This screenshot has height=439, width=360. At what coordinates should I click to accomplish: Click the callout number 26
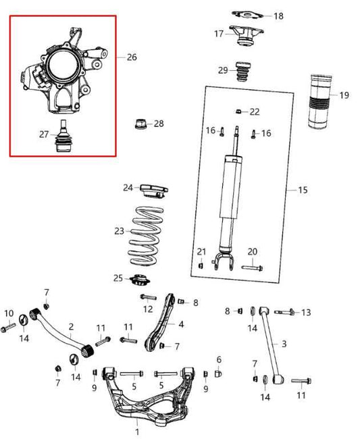[131, 57]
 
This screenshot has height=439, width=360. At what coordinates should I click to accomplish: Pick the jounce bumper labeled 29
[242, 74]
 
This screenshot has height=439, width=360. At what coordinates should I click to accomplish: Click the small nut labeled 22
[239, 111]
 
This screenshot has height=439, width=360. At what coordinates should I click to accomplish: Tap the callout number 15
[302, 190]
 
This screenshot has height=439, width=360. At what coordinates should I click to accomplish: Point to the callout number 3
[284, 344]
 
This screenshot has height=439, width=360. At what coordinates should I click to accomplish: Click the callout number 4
[181, 324]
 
